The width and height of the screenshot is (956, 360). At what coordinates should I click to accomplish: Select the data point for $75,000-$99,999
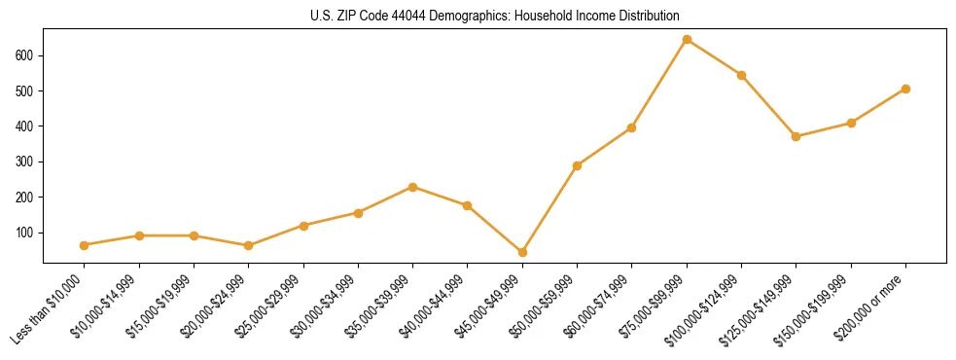click(687, 40)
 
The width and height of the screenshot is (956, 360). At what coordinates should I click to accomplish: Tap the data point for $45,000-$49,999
click(522, 252)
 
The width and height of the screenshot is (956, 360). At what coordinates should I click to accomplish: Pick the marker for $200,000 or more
click(905, 89)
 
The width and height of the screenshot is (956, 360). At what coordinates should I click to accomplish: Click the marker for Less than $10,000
click(85, 245)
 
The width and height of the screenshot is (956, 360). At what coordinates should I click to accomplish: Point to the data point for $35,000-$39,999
click(413, 187)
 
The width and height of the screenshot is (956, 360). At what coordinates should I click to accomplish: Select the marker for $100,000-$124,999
click(741, 75)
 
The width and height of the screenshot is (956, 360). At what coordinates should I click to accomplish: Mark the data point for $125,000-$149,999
click(796, 136)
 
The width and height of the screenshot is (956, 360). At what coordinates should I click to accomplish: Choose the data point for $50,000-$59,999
click(578, 165)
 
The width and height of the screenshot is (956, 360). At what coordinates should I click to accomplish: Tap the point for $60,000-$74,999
click(632, 127)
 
